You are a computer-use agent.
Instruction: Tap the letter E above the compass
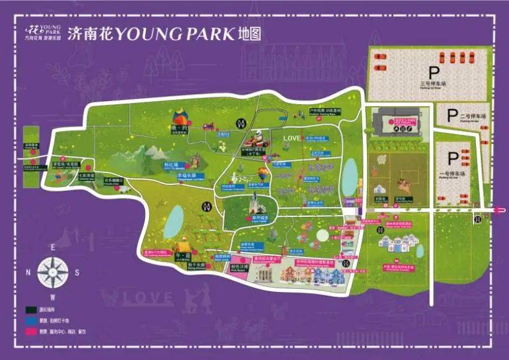[x=54, y=247]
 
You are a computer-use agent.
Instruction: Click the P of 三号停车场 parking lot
[x=434, y=73]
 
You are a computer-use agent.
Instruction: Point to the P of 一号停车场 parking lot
[x=453, y=158]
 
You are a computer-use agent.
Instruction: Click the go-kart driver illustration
[x=260, y=137]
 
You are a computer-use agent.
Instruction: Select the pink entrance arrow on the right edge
[x=501, y=209]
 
